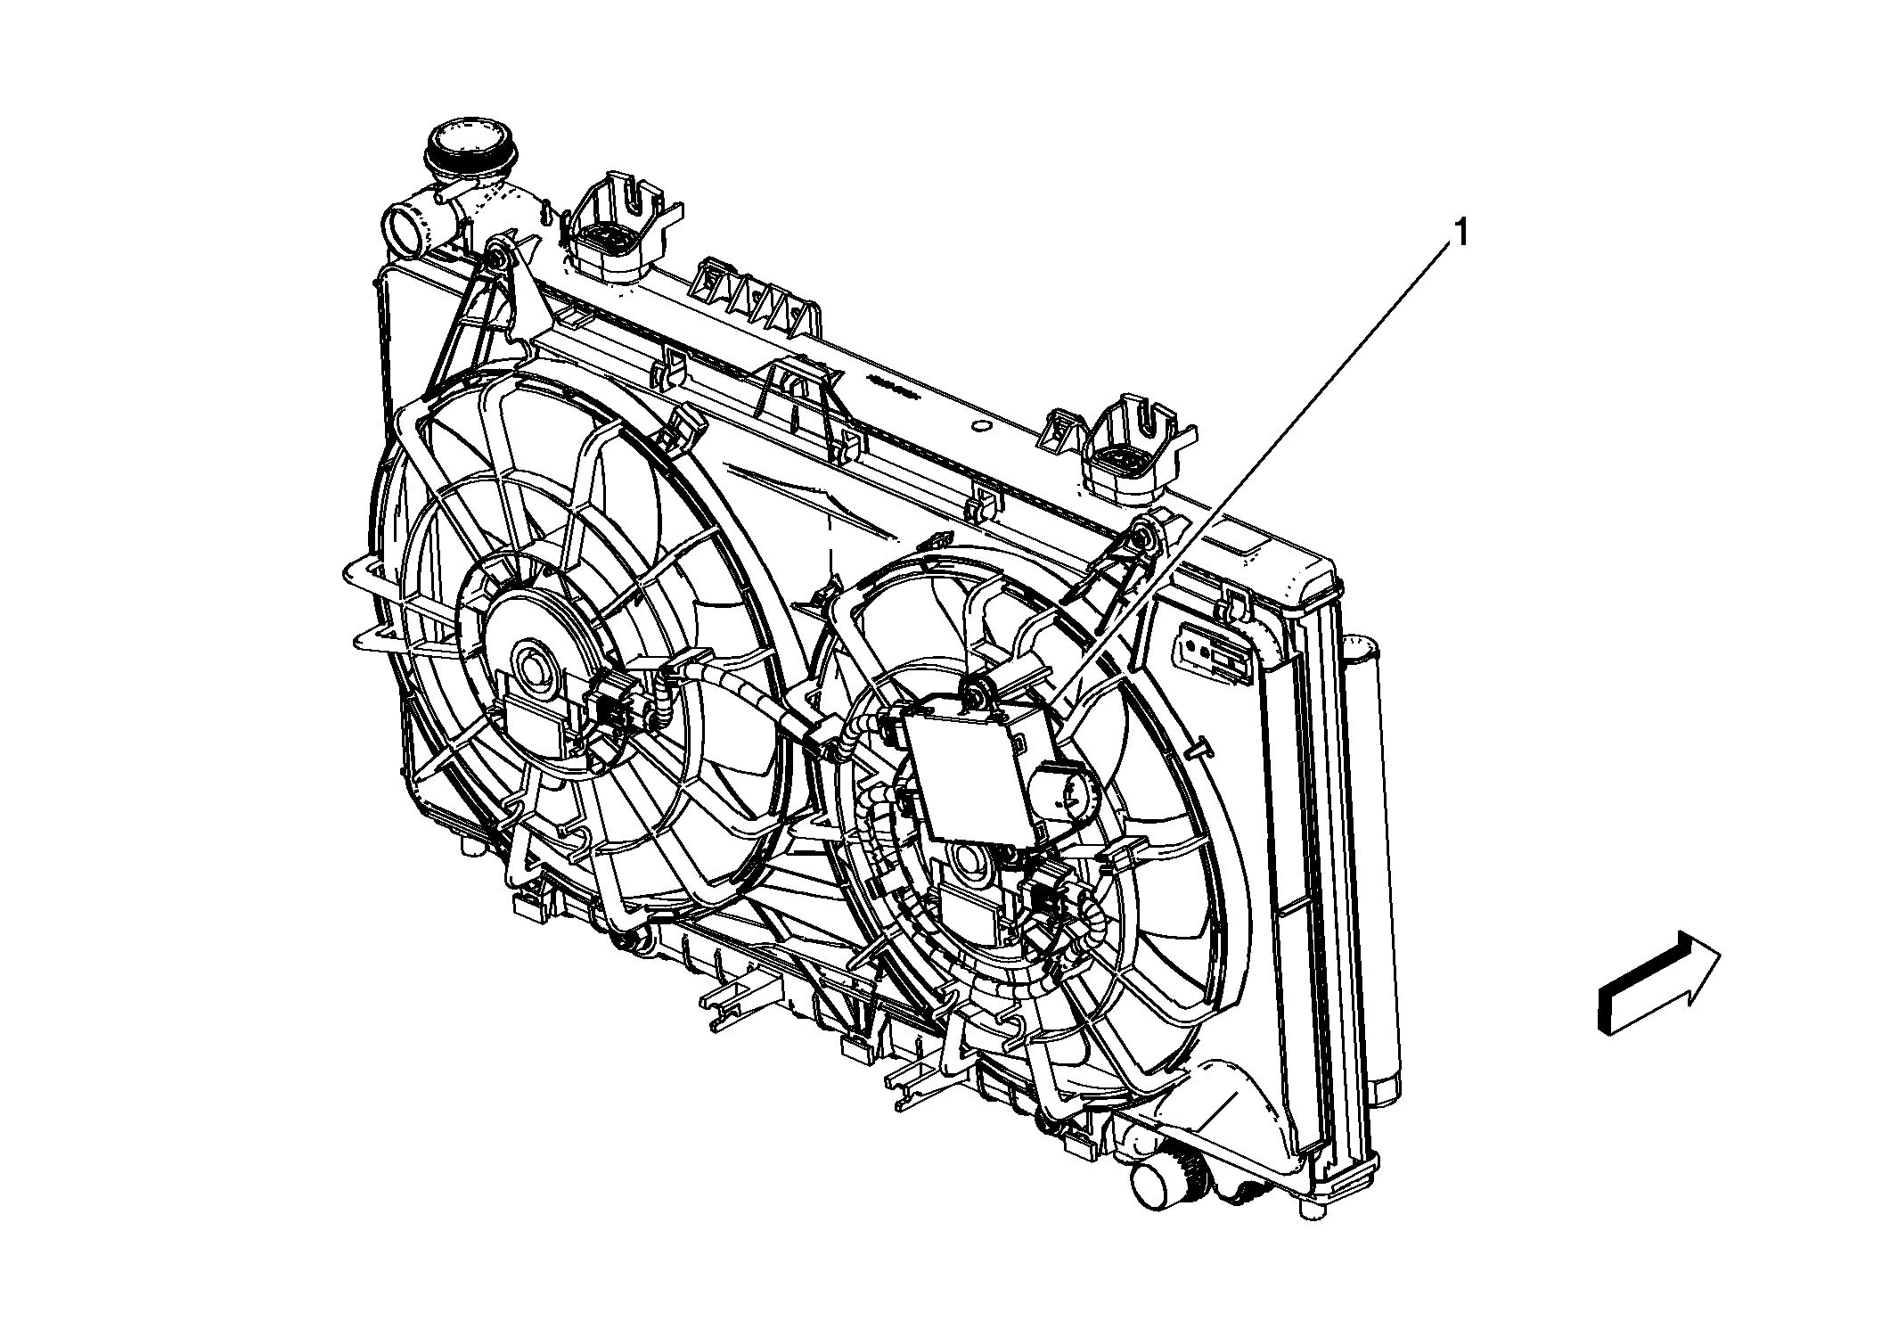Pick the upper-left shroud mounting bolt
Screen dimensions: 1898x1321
(497, 259)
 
